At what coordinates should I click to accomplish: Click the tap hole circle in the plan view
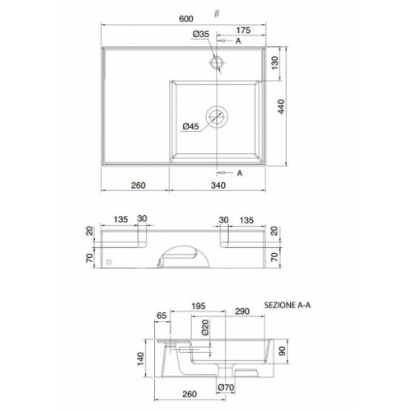(218, 62)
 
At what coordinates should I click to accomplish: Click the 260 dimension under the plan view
(138, 185)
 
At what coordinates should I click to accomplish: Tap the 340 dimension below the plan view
(219, 185)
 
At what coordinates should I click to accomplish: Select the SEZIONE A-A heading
(288, 305)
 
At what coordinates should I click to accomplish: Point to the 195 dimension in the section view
(198, 307)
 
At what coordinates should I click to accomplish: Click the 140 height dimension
(142, 358)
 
